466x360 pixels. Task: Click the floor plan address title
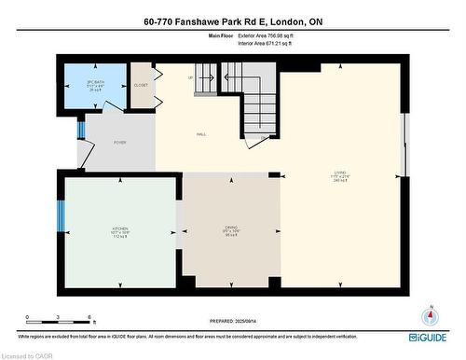[232, 21]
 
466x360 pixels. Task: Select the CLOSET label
[141, 85]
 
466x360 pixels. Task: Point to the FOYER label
[120, 142]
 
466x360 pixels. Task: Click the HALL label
[200, 135]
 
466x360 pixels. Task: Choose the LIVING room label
[340, 174]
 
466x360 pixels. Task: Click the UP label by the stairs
[190, 76]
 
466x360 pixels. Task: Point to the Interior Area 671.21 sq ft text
[271, 43]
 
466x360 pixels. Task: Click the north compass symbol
[430, 315]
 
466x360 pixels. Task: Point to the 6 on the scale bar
[89, 318]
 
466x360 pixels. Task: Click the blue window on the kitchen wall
[62, 216]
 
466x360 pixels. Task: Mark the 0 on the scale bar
[27, 318]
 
